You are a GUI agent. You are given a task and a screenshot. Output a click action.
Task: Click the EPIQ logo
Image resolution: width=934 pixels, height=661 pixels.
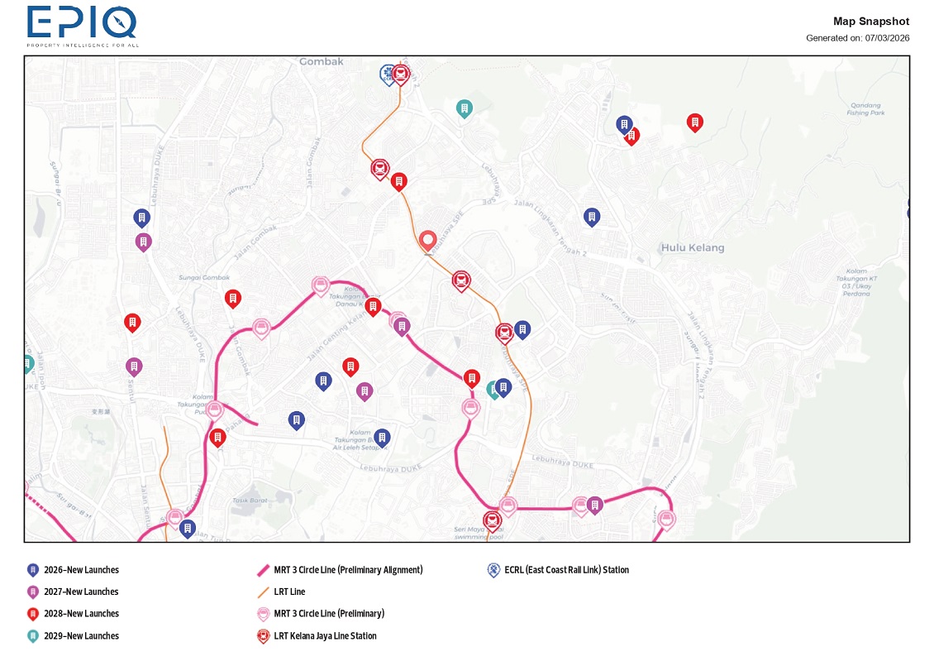coord(82,25)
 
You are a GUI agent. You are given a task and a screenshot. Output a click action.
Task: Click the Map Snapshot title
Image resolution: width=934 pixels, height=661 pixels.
coord(870,22)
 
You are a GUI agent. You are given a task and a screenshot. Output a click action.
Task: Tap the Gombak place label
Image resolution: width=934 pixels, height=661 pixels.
coord(321,61)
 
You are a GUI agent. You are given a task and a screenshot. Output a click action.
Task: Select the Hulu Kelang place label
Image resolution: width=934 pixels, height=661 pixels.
coord(692,247)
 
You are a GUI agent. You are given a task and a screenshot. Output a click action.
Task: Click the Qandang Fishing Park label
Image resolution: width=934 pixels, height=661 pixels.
coord(865,109)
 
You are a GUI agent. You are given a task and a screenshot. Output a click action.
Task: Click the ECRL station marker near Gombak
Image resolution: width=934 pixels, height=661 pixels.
coord(386,74)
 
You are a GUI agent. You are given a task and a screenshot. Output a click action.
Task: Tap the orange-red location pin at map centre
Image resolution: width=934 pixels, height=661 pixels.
coord(427,241)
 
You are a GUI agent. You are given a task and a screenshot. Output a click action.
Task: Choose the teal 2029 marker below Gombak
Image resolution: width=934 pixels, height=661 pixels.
coord(465,108)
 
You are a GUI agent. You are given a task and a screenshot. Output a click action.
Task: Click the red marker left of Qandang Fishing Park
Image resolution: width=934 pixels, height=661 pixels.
coord(695,122)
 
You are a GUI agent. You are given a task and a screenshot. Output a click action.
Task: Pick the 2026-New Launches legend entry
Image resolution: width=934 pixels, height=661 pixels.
coord(81,570)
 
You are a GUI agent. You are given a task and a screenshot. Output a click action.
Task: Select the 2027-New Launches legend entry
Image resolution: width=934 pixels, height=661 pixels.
coord(81,592)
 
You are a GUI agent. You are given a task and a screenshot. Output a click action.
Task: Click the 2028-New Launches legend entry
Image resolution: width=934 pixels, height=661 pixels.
coord(81,614)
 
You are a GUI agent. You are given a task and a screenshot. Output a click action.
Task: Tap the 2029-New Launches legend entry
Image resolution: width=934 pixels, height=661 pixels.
coord(81,635)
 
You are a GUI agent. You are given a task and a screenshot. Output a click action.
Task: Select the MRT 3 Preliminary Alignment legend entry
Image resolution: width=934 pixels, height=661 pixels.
coord(348,570)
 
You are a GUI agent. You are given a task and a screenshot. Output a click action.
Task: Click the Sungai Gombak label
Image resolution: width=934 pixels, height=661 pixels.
coord(204,278)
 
